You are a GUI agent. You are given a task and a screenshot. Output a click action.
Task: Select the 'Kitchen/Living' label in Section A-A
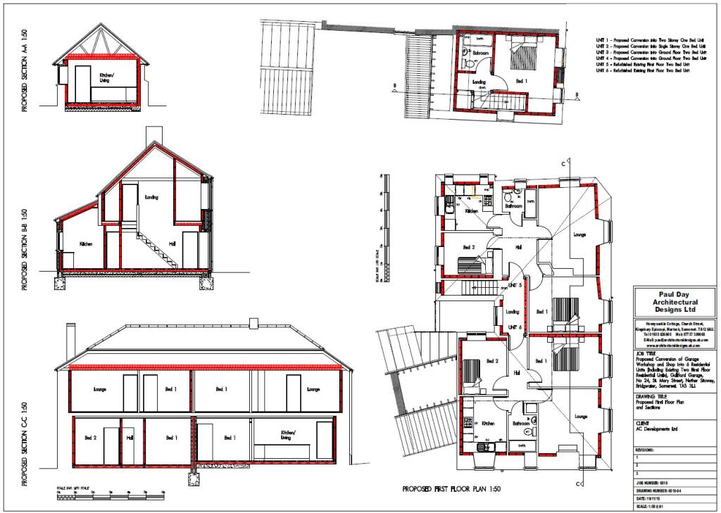(x=106, y=77)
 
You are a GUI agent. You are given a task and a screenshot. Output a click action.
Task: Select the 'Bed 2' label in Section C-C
(x=91, y=438)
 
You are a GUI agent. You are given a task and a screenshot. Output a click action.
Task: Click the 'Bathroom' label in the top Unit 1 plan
(x=481, y=53)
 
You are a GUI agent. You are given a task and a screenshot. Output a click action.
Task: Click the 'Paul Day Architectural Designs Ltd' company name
(x=667, y=303)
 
